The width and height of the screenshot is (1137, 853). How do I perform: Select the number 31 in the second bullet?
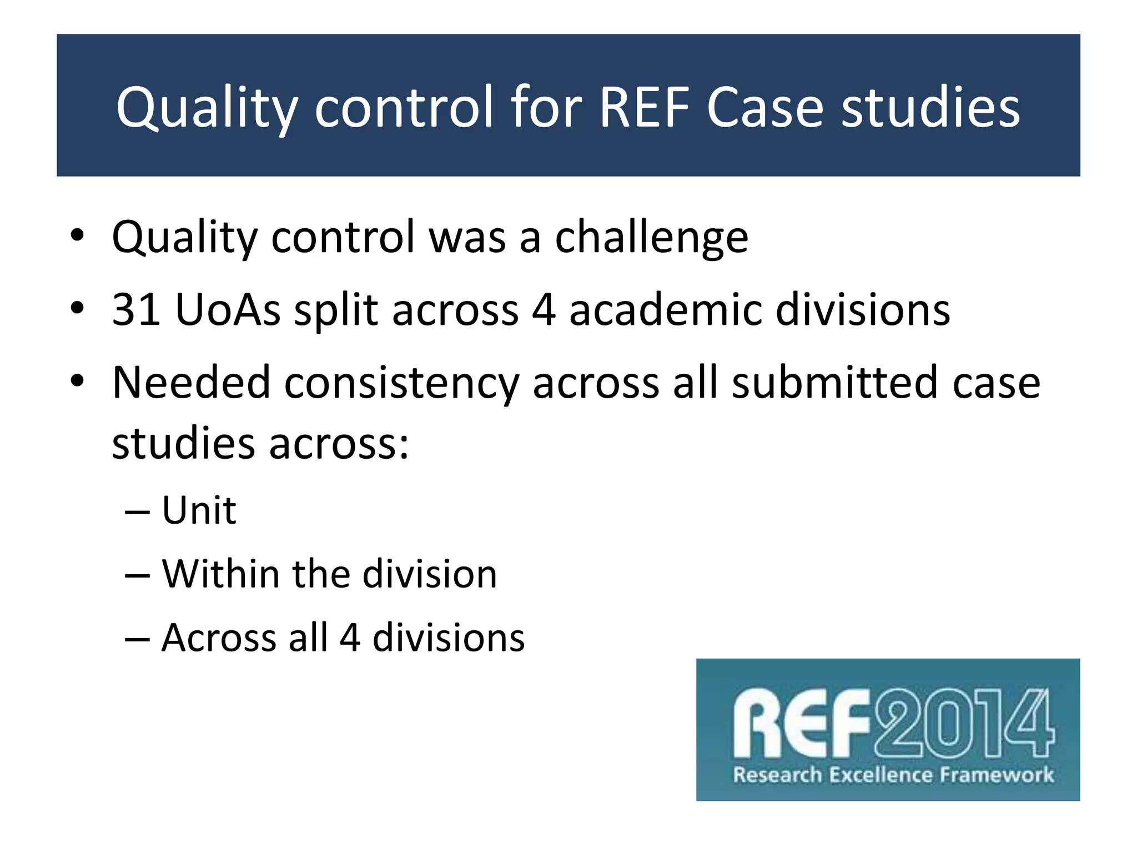(137, 309)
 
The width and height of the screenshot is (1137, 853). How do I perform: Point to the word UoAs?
(228, 309)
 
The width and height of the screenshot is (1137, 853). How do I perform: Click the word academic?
(666, 309)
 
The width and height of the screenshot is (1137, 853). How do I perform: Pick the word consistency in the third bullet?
(401, 383)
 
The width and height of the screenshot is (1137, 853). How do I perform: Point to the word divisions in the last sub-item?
(448, 638)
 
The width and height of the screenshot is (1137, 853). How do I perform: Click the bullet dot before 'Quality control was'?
(77, 235)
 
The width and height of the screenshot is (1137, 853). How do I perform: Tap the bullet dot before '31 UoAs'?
(77, 308)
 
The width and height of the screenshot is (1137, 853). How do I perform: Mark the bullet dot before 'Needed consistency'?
(77, 381)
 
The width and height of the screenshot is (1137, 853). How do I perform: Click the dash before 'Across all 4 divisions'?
(137, 639)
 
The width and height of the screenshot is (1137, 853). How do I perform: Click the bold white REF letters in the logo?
(801, 724)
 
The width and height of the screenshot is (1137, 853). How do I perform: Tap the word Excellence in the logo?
(880, 775)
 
